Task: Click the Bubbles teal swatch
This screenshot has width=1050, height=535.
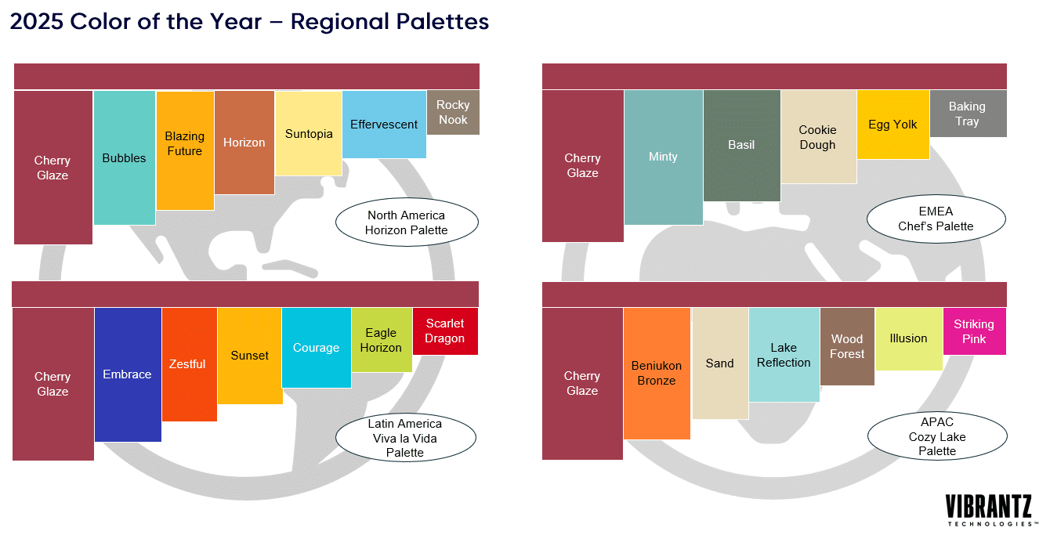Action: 125,158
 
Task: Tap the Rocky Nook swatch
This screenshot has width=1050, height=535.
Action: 453,112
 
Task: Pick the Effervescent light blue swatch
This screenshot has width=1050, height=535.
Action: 384,125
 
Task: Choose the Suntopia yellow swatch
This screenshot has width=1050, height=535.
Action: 308,133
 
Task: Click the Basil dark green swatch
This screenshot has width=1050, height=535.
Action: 741,145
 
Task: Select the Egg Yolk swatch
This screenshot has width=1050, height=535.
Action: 892,125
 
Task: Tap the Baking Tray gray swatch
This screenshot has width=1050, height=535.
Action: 968,114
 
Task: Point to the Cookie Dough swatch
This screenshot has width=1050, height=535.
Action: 818,137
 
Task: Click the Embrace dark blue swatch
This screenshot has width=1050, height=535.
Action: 128,374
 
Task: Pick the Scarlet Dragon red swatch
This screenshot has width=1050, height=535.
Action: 445,331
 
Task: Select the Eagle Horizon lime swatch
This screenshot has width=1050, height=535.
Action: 382,340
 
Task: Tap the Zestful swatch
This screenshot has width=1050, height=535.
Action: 189,364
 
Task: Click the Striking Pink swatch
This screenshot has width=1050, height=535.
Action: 974,331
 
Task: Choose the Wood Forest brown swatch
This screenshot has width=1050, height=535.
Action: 847,346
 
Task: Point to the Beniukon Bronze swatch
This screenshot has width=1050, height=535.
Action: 657,373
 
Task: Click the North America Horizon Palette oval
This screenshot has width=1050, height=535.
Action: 407,222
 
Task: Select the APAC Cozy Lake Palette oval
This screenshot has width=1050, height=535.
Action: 937,436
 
